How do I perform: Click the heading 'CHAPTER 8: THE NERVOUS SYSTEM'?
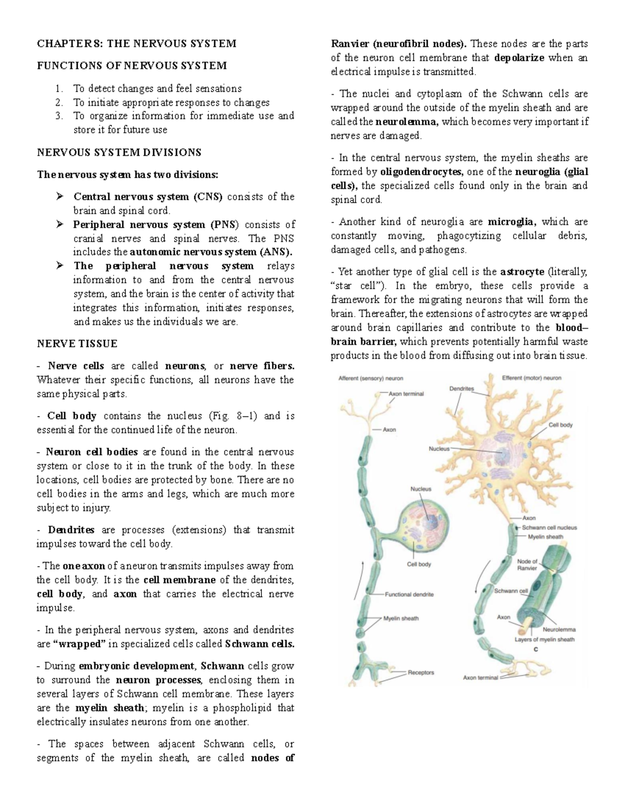tap(136, 44)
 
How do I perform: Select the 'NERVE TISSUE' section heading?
tap(77, 344)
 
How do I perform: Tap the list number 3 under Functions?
tap(59, 116)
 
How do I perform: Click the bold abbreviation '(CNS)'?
tap(208, 197)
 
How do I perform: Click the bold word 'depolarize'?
tap(519, 58)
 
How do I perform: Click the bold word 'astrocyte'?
tap(522, 272)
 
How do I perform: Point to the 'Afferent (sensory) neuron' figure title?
tap(371, 378)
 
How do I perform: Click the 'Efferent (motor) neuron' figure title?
tap(531, 378)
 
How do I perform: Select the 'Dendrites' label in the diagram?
tap(461, 389)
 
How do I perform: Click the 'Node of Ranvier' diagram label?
tap(527, 565)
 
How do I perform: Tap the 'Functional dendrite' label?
tap(409, 594)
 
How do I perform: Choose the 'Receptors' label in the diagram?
tap(421, 673)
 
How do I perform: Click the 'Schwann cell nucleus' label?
tap(549, 527)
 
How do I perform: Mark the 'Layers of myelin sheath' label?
tap(544, 640)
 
